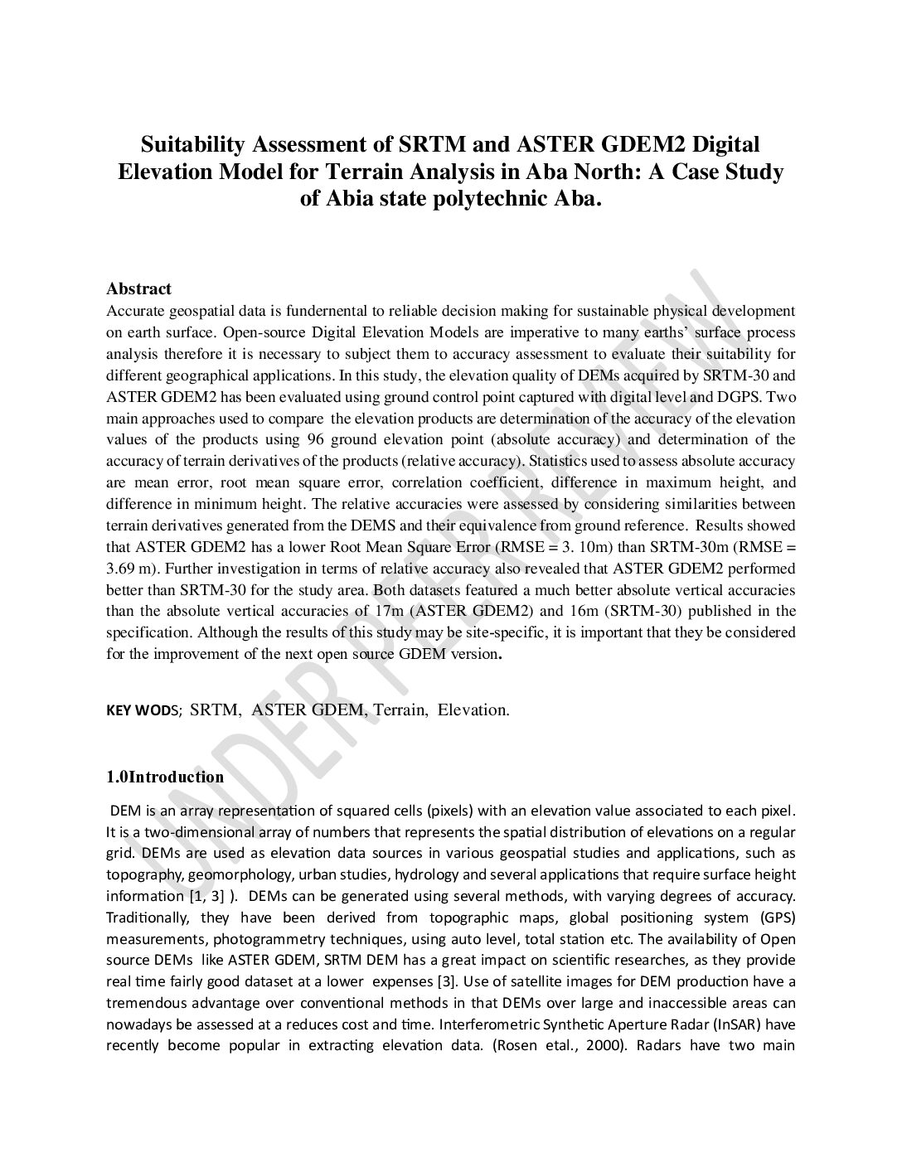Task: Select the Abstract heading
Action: point(138,288)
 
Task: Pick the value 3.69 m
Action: point(132,569)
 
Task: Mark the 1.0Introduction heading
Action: point(165,777)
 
